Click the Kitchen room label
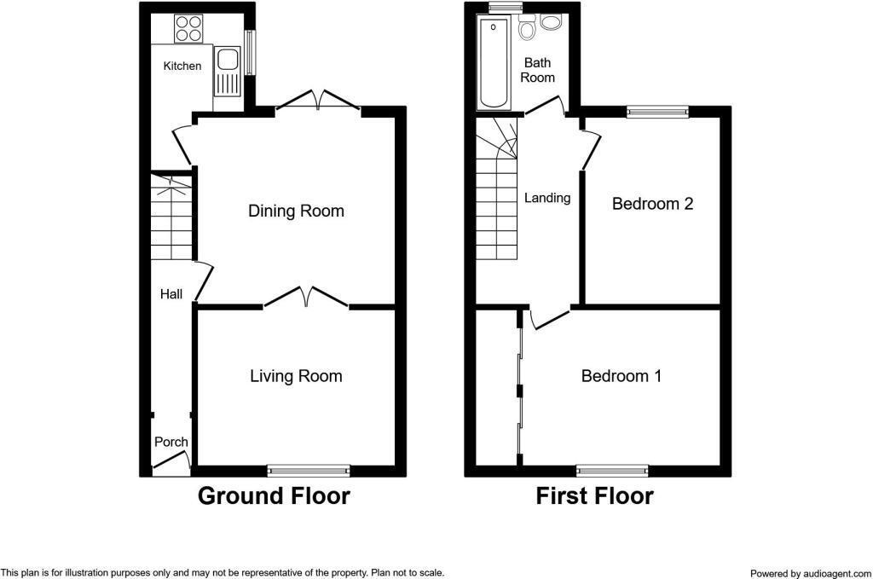(x=182, y=66)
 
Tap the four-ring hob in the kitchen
(x=188, y=30)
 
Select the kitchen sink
(x=228, y=61)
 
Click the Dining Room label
(x=296, y=211)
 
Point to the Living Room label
(x=296, y=376)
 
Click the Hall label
(x=171, y=294)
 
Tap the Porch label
(x=171, y=442)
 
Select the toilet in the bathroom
(x=528, y=29)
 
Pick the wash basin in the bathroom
(x=552, y=22)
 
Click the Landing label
(x=546, y=198)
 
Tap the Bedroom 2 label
(x=652, y=204)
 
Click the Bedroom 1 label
(x=622, y=376)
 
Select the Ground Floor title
(x=274, y=496)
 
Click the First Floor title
(x=594, y=496)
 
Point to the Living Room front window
(x=309, y=469)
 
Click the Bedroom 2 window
(x=657, y=110)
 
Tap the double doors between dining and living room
(x=306, y=298)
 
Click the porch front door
(x=171, y=465)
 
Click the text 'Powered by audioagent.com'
(x=811, y=573)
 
